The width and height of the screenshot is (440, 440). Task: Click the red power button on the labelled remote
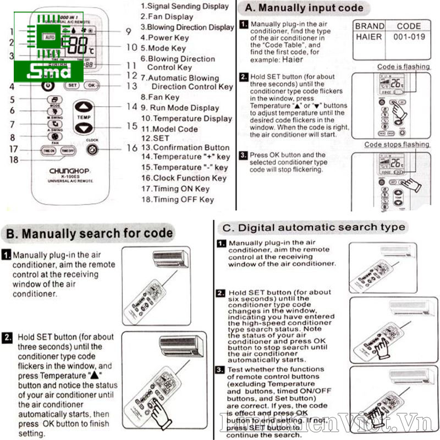coord(48,86)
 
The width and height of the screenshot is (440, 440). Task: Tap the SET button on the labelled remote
coord(72,86)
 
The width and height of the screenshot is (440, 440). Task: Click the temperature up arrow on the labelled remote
coord(83,107)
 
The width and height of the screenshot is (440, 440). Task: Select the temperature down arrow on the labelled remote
coord(83,128)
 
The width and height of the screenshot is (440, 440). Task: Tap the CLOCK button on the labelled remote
coord(92,150)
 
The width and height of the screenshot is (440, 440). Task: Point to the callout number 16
coord(131,148)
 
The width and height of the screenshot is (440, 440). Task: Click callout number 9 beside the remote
coord(128,31)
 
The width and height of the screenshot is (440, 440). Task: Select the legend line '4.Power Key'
coord(164,37)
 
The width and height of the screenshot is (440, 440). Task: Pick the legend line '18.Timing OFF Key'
coord(177,200)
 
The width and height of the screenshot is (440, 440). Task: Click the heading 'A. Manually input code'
coord(304,8)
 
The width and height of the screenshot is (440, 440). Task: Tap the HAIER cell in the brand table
coord(369,37)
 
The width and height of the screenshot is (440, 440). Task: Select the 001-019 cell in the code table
coord(409,37)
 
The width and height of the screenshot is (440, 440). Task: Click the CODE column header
coord(409,25)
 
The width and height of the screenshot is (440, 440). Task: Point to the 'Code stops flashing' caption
coord(397,145)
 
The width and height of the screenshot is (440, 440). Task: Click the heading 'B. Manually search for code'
coord(89,233)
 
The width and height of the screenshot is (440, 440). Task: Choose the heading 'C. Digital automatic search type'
coord(313,227)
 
